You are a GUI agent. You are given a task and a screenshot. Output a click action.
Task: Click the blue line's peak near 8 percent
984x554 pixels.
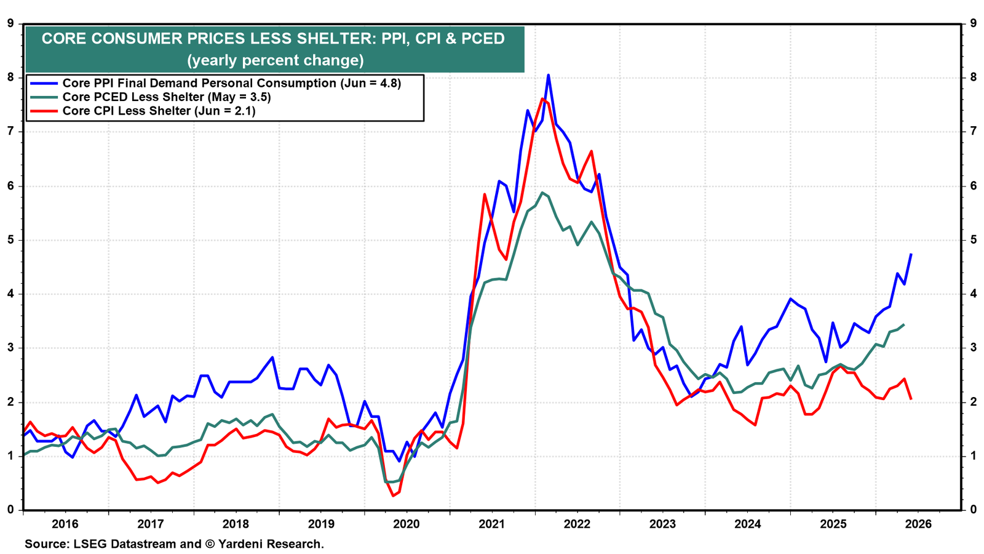548,75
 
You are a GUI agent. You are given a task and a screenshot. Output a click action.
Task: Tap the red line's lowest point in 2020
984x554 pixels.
393,496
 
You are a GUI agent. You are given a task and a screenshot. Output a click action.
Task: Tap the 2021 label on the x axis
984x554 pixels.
492,524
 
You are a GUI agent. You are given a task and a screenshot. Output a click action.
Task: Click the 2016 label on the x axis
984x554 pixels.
65,524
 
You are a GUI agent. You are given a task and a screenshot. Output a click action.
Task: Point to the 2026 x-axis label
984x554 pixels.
919,524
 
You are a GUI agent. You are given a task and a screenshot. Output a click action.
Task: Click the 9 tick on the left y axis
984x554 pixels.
10,23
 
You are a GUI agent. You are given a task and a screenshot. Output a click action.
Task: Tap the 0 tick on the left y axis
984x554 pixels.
10,510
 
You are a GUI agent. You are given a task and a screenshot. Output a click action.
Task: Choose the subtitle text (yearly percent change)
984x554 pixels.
276,60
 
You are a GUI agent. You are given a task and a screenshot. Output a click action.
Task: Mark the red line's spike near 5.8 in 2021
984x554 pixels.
484,194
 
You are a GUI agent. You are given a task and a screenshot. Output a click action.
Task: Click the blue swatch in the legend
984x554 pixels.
44,84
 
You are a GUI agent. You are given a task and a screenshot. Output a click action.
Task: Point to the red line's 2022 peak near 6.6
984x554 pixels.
591,151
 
